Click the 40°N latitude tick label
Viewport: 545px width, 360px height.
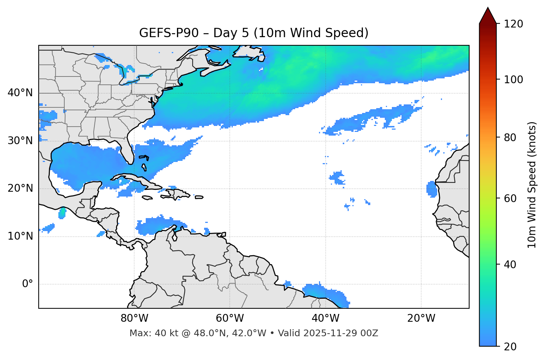point(20,93)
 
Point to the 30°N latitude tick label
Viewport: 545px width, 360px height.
point(20,141)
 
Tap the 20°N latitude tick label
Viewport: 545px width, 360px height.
point(20,188)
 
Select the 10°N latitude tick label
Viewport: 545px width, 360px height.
point(20,236)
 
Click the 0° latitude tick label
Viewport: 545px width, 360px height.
point(28,284)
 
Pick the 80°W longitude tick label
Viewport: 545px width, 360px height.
point(134,318)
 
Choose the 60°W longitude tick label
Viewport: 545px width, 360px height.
point(230,318)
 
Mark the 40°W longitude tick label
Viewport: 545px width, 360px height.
point(325,318)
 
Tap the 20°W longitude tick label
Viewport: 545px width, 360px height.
point(421,318)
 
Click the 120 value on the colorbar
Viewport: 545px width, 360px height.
point(513,24)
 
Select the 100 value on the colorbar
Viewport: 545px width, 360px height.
point(513,80)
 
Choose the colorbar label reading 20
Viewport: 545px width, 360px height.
point(510,347)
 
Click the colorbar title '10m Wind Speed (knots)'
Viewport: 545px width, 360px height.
point(532,185)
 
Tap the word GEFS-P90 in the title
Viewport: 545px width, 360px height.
point(162,33)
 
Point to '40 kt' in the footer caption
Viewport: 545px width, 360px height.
point(163,333)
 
